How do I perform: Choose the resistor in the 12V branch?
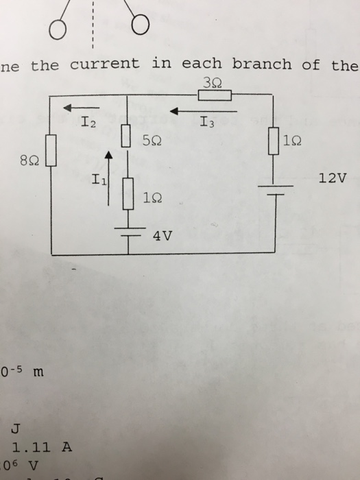274,141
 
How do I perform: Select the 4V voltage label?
163,237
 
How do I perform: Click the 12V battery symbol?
274,190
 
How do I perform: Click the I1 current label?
99,181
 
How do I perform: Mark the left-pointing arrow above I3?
203,108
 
